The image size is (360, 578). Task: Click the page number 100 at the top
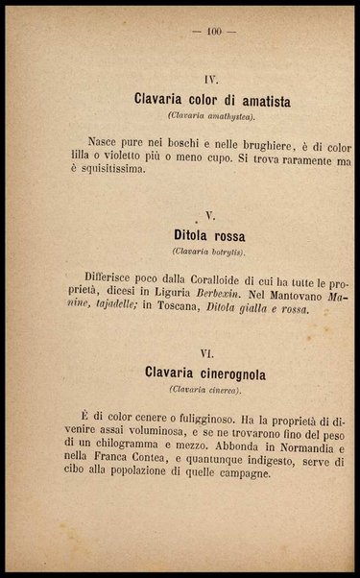click(214, 33)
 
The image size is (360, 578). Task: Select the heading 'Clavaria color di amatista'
click(214, 101)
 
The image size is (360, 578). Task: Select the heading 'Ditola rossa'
click(209, 235)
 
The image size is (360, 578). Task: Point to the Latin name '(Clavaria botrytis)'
click(209, 252)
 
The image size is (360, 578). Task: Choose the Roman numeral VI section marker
click(205, 353)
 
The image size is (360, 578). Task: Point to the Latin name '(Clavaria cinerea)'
click(204, 389)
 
